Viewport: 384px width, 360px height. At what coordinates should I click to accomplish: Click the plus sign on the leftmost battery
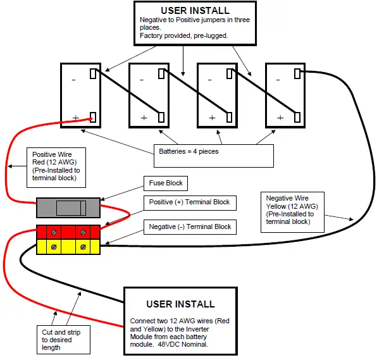tap(75, 118)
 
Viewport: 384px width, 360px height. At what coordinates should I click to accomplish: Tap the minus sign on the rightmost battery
tap(278, 80)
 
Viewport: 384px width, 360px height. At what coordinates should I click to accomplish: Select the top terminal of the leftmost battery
tap(94, 73)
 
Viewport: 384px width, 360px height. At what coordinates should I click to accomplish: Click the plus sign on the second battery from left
tap(144, 118)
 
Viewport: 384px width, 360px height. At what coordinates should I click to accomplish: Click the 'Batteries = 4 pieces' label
tap(187, 152)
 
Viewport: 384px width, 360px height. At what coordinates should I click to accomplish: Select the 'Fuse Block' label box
tap(166, 183)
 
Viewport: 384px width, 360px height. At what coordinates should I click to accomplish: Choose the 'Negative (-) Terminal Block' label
tap(190, 227)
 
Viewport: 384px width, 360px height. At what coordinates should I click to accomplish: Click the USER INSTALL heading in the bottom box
tap(180, 304)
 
